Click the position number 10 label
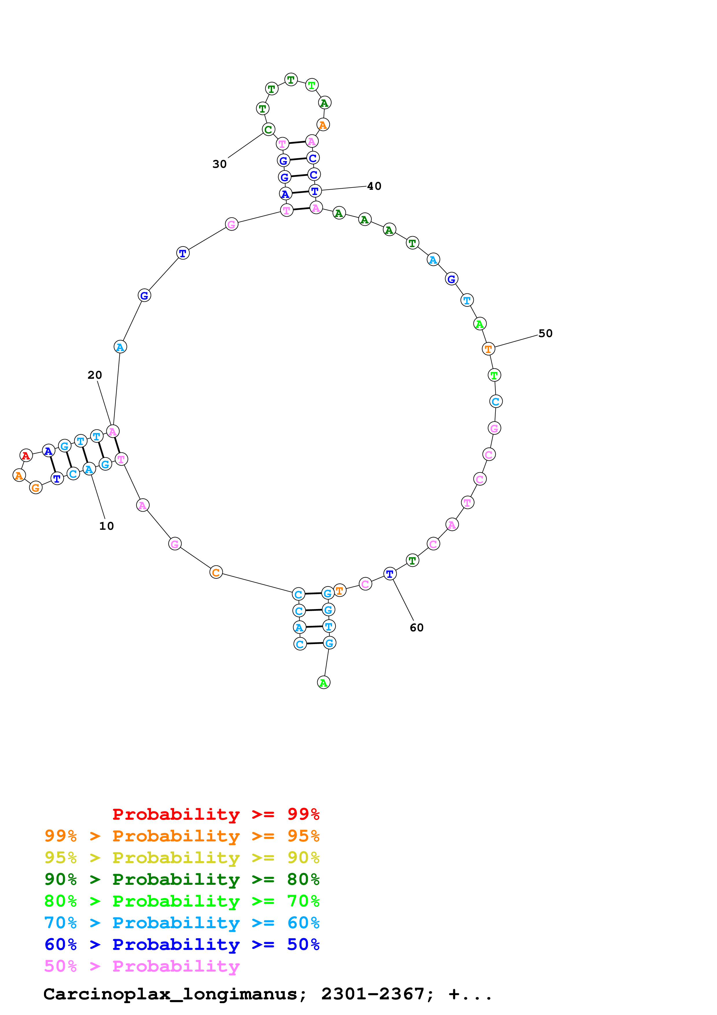pyautogui.click(x=106, y=526)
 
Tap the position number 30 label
pyautogui.click(x=220, y=164)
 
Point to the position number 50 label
pyautogui.click(x=545, y=333)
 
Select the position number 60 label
pyautogui.click(x=416, y=628)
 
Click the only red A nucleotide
pyautogui.click(x=26, y=455)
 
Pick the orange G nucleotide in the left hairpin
pyautogui.click(x=36, y=488)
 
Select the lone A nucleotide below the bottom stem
pyautogui.click(x=324, y=683)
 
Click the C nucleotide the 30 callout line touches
pyautogui.click(x=268, y=130)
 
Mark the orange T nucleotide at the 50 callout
pyautogui.click(x=488, y=349)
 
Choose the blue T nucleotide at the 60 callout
pyautogui.click(x=390, y=574)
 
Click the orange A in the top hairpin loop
pyautogui.click(x=323, y=125)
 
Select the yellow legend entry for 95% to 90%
pyautogui.click(x=182, y=858)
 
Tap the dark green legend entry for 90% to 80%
pyautogui.click(x=182, y=879)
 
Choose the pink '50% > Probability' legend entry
pyautogui.click(x=142, y=966)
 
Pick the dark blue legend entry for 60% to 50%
pyautogui.click(x=182, y=944)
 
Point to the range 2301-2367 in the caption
pyautogui.click(x=373, y=994)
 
